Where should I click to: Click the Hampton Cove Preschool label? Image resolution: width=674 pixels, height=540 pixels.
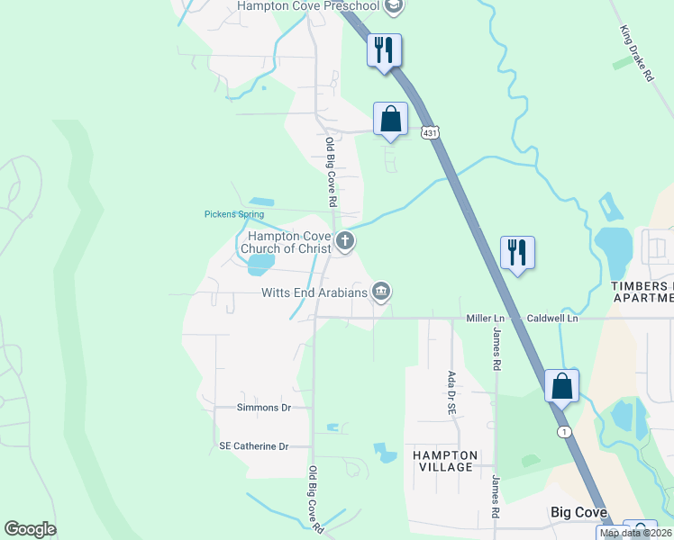click(x=306, y=6)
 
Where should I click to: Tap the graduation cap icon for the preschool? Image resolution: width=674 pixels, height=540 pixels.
click(x=392, y=6)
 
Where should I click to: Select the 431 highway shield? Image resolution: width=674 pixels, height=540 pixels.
click(x=431, y=132)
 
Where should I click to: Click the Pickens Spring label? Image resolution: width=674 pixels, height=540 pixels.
click(x=233, y=214)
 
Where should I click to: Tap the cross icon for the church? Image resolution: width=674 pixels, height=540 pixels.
click(x=344, y=241)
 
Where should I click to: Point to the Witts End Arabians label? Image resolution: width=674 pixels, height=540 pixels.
click(x=314, y=292)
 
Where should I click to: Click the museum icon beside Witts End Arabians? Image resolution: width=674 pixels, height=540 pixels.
click(x=381, y=291)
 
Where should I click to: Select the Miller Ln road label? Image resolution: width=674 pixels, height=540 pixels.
click(x=485, y=319)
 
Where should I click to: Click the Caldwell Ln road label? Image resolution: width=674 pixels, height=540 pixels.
click(x=552, y=319)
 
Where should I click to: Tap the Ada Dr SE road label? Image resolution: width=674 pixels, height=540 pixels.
click(x=451, y=392)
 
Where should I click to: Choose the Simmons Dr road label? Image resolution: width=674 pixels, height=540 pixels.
click(x=263, y=408)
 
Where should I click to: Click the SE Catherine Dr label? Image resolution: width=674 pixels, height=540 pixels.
click(x=253, y=446)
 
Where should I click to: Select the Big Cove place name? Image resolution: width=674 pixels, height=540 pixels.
click(x=579, y=512)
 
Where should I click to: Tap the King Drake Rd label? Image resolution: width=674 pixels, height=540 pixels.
click(x=635, y=54)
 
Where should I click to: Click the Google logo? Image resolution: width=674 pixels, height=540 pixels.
click(x=30, y=529)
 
